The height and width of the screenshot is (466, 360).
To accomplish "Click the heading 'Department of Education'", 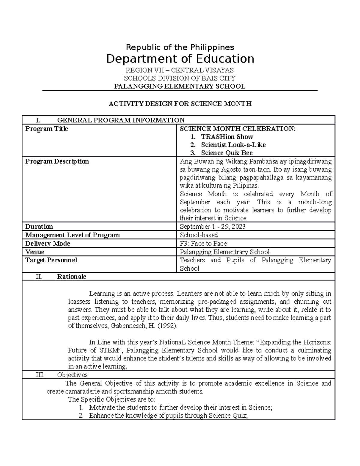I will [180, 59].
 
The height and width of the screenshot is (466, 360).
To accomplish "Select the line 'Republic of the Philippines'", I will [180, 47].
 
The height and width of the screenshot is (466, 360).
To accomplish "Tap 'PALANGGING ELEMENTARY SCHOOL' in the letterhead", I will [180, 86].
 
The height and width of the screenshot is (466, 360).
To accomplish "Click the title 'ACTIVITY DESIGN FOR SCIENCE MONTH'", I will [180, 104].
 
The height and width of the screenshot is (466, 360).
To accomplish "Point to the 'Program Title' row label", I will [46, 129].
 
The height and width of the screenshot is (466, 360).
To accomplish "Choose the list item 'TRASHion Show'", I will [227, 137].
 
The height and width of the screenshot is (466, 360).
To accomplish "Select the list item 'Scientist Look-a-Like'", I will [233, 145].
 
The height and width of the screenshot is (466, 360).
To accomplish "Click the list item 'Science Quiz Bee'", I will [226, 153].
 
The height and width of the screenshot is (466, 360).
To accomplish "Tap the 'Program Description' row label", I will [57, 161].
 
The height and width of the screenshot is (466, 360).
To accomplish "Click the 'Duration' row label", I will [39, 227].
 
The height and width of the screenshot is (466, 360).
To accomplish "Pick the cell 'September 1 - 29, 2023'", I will [212, 227].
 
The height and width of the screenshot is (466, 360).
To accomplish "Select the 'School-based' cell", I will [199, 235].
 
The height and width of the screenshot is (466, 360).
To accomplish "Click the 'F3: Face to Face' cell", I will [203, 243].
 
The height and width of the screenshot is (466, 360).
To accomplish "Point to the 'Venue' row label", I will [35, 252].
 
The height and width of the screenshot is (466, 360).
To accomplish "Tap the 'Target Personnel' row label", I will [51, 260].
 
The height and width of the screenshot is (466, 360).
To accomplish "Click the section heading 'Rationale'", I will [71, 277].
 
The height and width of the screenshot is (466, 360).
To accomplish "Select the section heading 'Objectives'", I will [72, 375].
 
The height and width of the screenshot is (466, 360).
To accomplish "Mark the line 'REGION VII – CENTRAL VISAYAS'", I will [180, 70].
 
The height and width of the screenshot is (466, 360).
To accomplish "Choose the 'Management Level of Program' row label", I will [72, 235].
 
